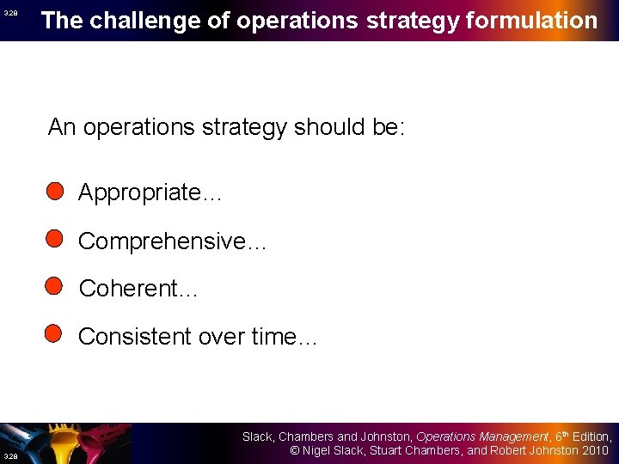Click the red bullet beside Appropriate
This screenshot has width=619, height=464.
[x=55, y=191]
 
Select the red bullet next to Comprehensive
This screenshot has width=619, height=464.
[x=55, y=239]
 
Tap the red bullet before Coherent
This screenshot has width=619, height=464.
[x=55, y=286]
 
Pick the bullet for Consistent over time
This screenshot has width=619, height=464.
[x=55, y=333]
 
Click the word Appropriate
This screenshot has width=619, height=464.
[x=138, y=192]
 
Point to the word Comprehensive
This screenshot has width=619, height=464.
[x=161, y=241]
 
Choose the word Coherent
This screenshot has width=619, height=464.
[x=126, y=289]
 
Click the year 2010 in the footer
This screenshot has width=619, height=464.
[x=593, y=451]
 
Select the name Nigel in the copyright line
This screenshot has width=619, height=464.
[x=319, y=451]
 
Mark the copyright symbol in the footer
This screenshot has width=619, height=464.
[x=293, y=451]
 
